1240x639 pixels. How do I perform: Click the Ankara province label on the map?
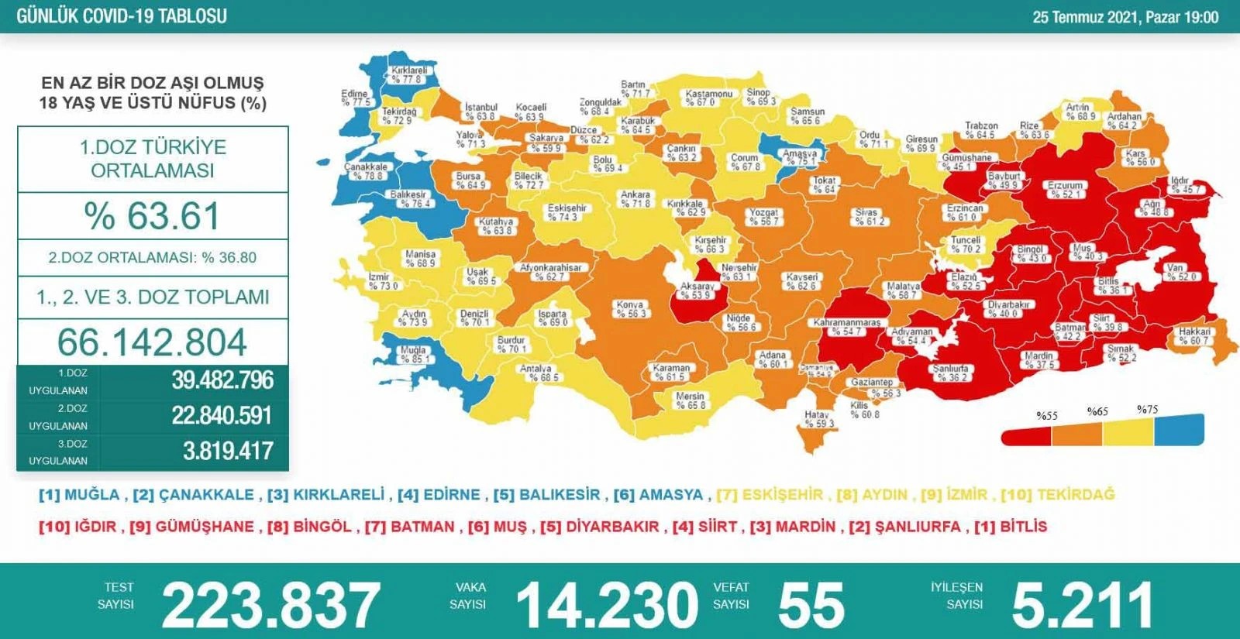pyautogui.click(x=635, y=199)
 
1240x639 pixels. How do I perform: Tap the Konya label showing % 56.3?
pyautogui.click(x=631, y=309)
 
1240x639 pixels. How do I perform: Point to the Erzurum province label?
pyautogui.click(x=1066, y=190)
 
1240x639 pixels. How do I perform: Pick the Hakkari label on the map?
pyautogui.click(x=1194, y=336)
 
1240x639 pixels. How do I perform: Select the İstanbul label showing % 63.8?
pyautogui.click(x=480, y=112)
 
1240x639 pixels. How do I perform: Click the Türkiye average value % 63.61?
pyautogui.click(x=153, y=216)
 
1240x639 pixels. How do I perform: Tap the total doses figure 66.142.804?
pyautogui.click(x=153, y=342)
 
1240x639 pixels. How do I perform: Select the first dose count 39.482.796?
pyautogui.click(x=222, y=380)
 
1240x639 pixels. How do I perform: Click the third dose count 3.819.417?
pyautogui.click(x=228, y=451)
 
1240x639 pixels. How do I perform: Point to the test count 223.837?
pyautogui.click(x=270, y=605)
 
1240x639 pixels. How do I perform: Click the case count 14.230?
pyautogui.click(x=607, y=605)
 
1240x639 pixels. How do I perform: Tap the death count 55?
pyautogui.click(x=811, y=605)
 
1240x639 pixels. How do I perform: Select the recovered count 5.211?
pyautogui.click(x=1082, y=605)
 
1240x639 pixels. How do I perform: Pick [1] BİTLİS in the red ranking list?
pyautogui.click(x=1011, y=527)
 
